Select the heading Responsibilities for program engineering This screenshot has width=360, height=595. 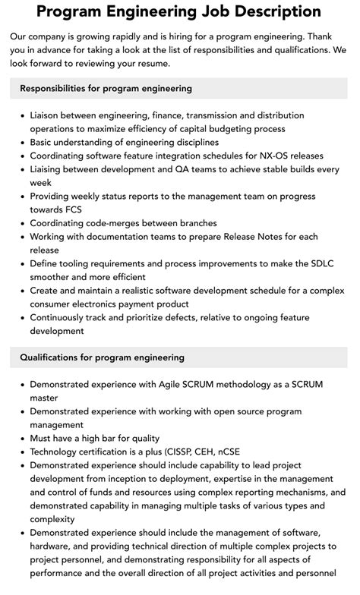coord(106,89)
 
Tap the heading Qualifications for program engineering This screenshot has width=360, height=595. coord(102,357)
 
